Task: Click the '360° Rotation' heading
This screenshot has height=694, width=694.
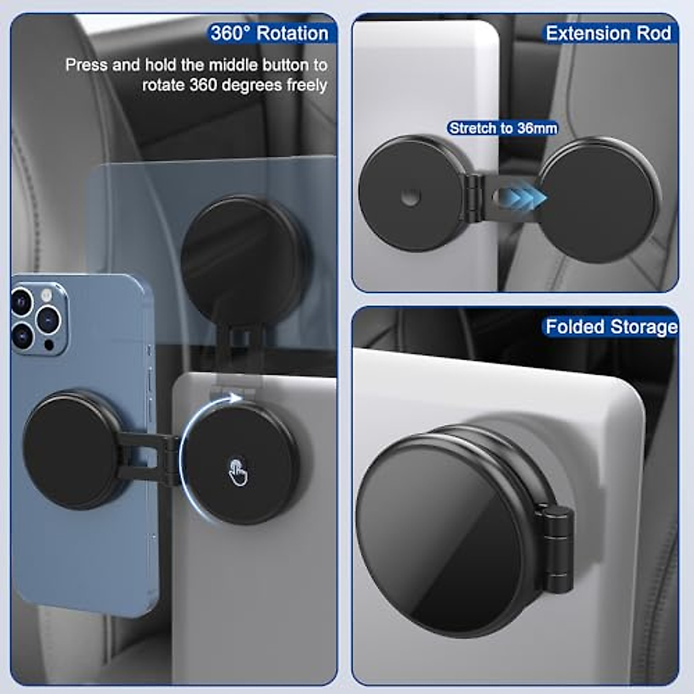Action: coord(270,33)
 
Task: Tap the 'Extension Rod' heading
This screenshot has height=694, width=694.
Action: coord(608,33)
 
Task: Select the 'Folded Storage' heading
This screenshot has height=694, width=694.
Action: coord(611,327)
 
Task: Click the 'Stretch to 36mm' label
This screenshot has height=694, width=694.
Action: coord(503,128)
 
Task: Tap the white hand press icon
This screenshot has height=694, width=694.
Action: coord(238,472)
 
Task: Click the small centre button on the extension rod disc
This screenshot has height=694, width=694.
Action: coord(411,198)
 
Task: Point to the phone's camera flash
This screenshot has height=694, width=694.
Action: coord(46,296)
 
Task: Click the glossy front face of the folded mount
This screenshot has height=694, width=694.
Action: coord(440,541)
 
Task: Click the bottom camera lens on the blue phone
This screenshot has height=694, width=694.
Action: coord(22,335)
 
